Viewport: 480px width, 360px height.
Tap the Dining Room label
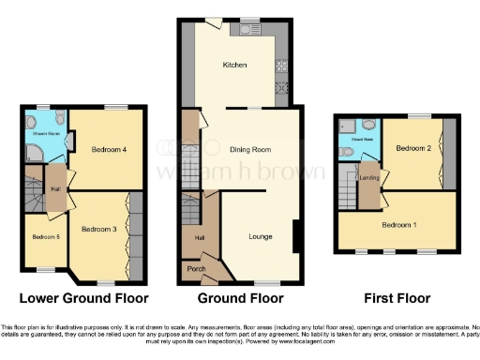249,149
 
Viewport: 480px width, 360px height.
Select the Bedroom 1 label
398,225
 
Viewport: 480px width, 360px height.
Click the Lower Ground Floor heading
84,299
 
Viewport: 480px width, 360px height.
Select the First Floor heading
398,299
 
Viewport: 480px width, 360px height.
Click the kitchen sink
248,30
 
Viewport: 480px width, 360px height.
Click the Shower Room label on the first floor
362,141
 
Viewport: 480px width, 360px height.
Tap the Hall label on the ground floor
199,238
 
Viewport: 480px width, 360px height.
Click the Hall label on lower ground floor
55,185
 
